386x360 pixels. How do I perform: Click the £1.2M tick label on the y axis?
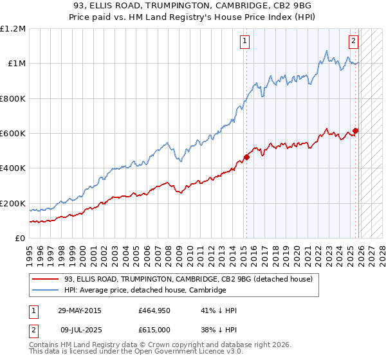(13, 29)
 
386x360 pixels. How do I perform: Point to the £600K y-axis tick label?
(13, 134)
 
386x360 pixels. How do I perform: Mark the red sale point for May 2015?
(246, 157)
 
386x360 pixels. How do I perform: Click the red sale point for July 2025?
(355, 130)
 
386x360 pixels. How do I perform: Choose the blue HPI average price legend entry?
(145, 291)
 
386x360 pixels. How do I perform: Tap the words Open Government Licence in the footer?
(185, 353)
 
